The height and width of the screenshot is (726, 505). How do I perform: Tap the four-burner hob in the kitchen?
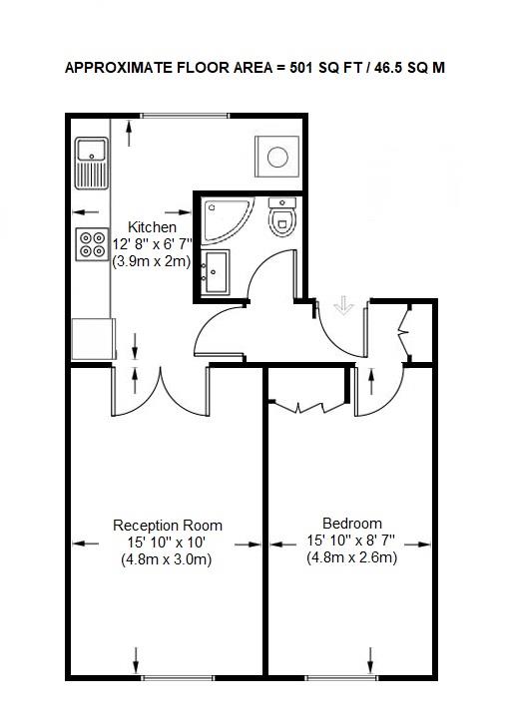click(92, 244)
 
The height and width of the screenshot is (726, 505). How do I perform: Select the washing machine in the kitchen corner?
click(277, 157)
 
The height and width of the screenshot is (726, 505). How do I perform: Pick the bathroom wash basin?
click(217, 271)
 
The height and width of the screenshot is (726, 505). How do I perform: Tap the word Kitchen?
click(153, 227)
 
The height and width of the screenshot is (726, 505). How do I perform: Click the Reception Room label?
click(168, 526)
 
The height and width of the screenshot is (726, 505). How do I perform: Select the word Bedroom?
click(351, 524)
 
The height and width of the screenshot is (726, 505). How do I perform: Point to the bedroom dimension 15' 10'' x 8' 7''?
click(351, 541)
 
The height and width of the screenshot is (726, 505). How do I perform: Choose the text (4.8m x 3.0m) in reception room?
click(168, 559)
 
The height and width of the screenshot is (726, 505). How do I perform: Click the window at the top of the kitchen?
click(185, 116)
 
